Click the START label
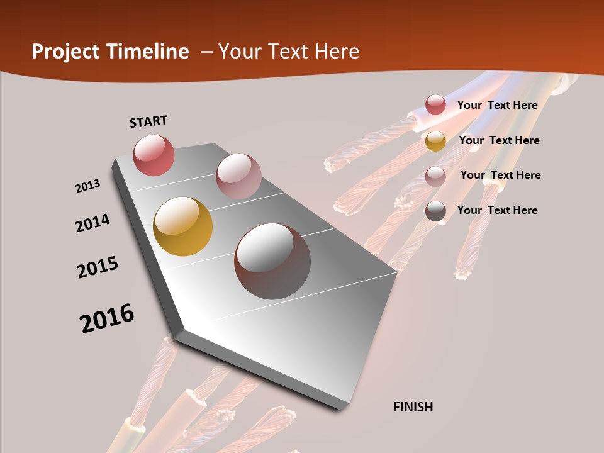point(148,121)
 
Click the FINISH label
point(413,407)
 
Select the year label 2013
point(87,186)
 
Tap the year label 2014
point(92,223)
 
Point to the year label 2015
point(98,267)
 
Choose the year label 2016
point(107,318)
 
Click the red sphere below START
point(154,155)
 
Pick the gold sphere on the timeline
point(182,226)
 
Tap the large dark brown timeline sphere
point(272,260)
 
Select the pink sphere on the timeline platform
point(238,176)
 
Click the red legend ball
point(435,104)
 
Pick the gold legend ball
point(435,141)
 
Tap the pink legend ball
point(435,176)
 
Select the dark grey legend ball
point(435,211)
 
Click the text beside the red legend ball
point(497,105)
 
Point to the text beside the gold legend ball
point(499,140)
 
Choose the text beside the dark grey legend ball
point(497,210)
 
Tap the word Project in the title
point(65,52)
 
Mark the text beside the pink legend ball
point(500,175)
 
